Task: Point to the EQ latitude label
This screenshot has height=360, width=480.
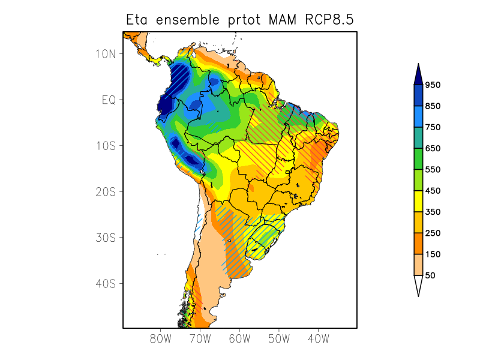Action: [x=109, y=100]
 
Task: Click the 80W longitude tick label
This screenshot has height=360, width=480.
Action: [x=160, y=339]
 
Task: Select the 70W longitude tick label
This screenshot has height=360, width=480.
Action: [x=200, y=339]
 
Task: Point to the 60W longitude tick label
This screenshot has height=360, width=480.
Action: [x=239, y=339]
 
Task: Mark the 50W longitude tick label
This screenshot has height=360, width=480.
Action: [x=278, y=339]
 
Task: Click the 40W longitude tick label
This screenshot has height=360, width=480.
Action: [x=318, y=339]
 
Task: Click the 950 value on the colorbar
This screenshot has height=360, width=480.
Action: [x=433, y=85]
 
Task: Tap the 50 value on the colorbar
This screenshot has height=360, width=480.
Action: [x=430, y=275]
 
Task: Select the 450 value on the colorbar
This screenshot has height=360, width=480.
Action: [x=433, y=191]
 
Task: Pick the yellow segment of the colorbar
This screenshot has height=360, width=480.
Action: [x=418, y=201]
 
